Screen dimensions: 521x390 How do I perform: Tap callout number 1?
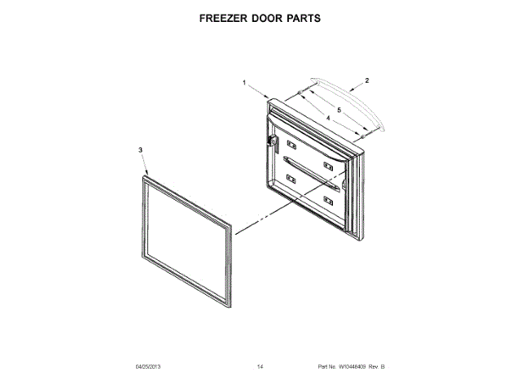[243, 83]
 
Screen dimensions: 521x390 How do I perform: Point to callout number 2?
[367, 80]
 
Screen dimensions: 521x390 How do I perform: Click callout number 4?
[327, 119]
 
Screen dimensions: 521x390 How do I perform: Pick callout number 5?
[339, 110]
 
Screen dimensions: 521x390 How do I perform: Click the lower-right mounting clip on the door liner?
[328, 200]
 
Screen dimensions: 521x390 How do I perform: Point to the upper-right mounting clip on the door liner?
[327, 167]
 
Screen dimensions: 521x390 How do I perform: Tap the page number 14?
[260, 368]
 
